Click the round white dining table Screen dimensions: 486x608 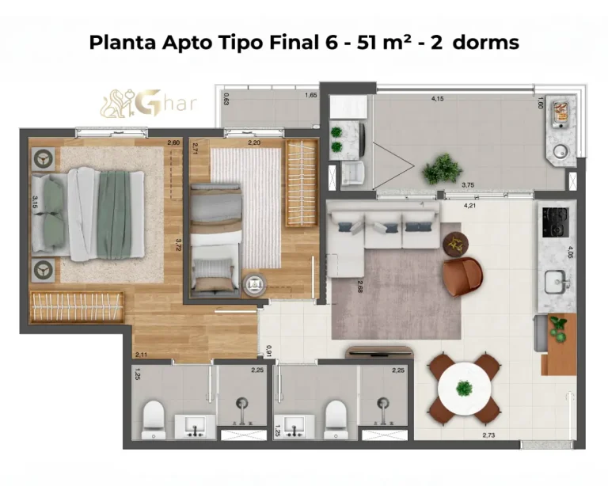[465, 388]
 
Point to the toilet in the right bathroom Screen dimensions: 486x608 [336, 417]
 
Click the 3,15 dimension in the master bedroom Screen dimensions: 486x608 [36, 203]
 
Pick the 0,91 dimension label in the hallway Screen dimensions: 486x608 [269, 349]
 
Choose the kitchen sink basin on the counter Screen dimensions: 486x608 [553, 279]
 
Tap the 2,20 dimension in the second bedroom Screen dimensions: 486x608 [254, 142]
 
